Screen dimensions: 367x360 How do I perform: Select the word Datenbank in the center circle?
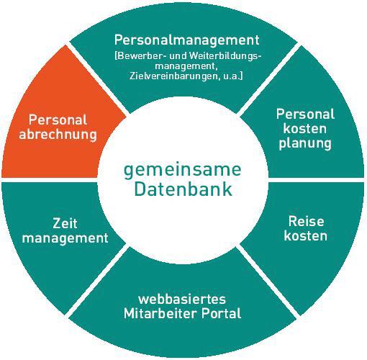183,189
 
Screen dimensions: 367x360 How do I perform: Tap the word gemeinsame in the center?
182,171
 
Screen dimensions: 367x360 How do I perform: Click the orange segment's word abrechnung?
58,135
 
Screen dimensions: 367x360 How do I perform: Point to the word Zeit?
65,223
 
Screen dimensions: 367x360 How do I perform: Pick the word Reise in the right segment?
306,221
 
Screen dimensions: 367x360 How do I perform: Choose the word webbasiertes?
182,300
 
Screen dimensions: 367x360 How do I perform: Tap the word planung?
305,144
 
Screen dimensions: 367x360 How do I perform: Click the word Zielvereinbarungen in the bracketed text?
173,76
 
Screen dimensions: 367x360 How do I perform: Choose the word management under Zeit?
65,238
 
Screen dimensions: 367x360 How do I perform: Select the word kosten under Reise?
306,235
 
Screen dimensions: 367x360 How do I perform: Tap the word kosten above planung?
305,129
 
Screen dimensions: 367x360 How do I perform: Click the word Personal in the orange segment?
58,120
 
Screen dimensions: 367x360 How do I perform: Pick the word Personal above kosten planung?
305,114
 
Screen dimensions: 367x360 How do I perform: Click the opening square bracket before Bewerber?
116,56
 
